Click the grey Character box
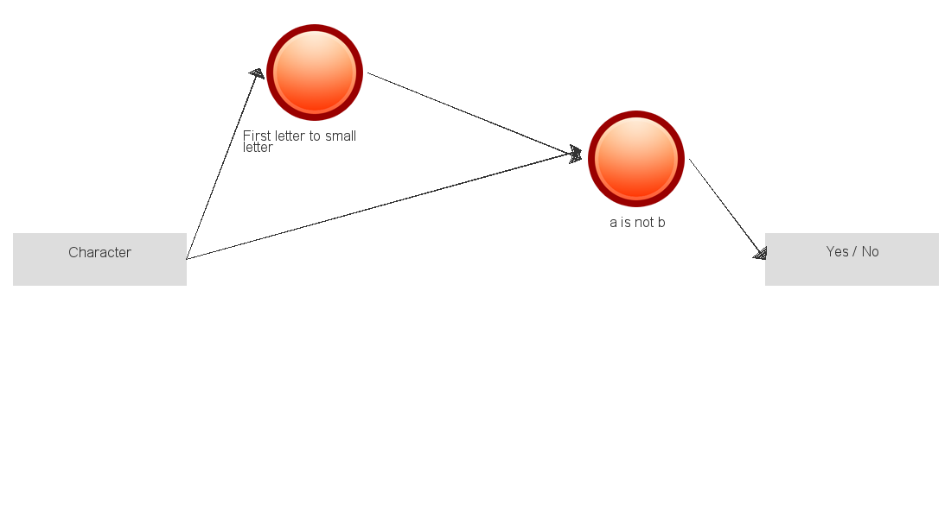point(99,259)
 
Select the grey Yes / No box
point(852,259)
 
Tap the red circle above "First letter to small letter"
point(315,73)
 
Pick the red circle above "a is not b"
point(636,159)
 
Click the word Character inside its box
point(99,253)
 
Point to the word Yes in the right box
point(837,251)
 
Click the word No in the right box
point(871,251)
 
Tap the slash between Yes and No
point(854,251)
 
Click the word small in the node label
point(341,136)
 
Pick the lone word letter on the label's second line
point(258,148)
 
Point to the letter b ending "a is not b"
point(661,223)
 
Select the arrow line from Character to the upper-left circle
point(224,164)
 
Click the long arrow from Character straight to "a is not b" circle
point(384,206)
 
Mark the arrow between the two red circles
point(475,114)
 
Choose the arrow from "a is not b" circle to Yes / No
point(728,210)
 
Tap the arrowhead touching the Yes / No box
point(761,254)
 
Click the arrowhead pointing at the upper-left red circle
point(258,73)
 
